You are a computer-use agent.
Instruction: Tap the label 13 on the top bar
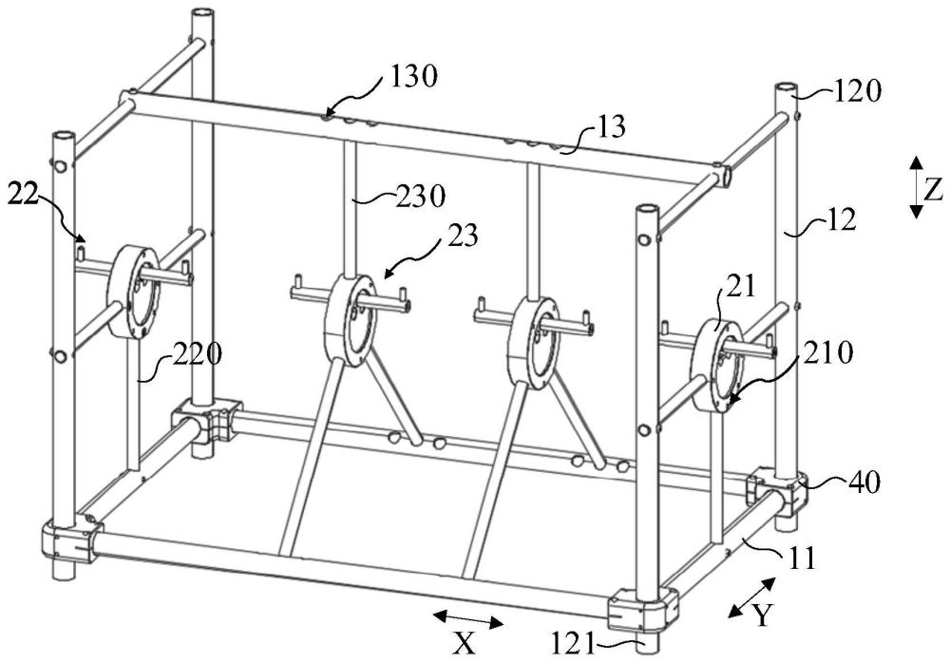coord(611,127)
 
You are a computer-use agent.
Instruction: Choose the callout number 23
coord(463,236)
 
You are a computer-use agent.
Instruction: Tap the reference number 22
coord(23,195)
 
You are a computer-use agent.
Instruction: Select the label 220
coord(197,354)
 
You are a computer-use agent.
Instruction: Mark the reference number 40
coord(864,483)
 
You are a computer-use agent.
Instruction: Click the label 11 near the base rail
coord(803,558)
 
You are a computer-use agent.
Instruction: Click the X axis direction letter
coord(465,645)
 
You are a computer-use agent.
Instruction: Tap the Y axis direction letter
coord(764,616)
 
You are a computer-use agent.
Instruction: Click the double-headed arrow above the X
coord(467,619)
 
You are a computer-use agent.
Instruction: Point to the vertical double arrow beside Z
coord(917,187)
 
